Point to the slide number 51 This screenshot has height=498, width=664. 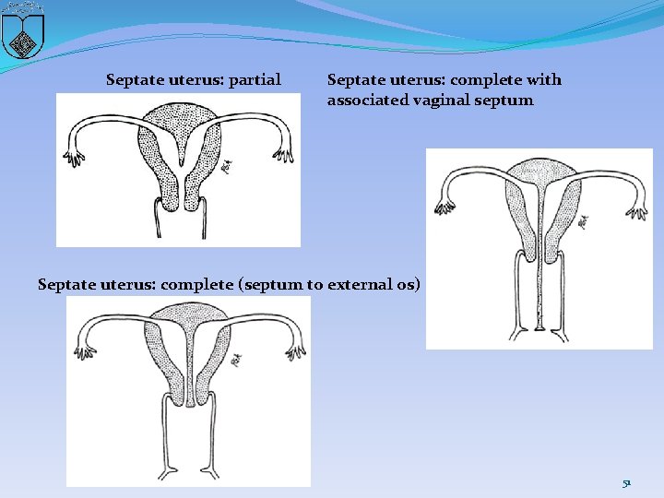626,482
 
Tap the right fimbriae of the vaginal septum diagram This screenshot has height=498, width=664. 635,208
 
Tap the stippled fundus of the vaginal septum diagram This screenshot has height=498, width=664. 539,171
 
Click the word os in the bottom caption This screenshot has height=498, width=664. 407,284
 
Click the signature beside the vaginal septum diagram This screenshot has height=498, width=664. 583,221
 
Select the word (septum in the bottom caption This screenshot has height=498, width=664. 269,284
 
